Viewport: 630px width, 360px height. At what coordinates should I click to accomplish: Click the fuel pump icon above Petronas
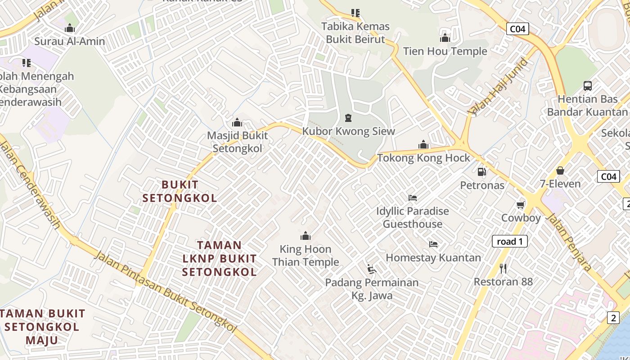(x=481, y=171)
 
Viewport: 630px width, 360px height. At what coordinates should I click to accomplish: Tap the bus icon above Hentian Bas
(x=587, y=85)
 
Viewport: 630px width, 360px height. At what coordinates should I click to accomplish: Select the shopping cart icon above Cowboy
(x=521, y=205)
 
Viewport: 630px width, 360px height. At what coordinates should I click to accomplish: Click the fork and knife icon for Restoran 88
(x=503, y=269)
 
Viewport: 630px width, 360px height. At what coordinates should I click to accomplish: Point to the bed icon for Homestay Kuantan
(x=433, y=244)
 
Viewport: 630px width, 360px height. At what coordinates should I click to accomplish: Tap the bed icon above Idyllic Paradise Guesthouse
(x=413, y=198)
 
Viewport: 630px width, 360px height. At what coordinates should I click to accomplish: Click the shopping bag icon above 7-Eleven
(x=560, y=171)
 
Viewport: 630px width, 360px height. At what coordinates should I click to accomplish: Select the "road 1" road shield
(x=509, y=241)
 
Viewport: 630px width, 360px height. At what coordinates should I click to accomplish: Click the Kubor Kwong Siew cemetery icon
(x=348, y=118)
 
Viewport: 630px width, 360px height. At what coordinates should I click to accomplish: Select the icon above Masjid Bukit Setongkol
(x=237, y=122)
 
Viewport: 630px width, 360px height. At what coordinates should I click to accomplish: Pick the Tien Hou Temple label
(x=445, y=51)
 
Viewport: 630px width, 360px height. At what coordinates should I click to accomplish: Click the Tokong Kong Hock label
(x=423, y=158)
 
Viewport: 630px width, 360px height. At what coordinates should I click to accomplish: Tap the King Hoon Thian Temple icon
(x=306, y=236)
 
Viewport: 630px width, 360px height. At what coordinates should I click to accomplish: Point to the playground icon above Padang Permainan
(x=372, y=269)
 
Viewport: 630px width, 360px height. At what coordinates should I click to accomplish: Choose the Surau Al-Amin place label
(x=70, y=41)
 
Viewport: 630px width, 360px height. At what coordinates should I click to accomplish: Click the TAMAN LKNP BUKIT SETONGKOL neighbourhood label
(x=220, y=258)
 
